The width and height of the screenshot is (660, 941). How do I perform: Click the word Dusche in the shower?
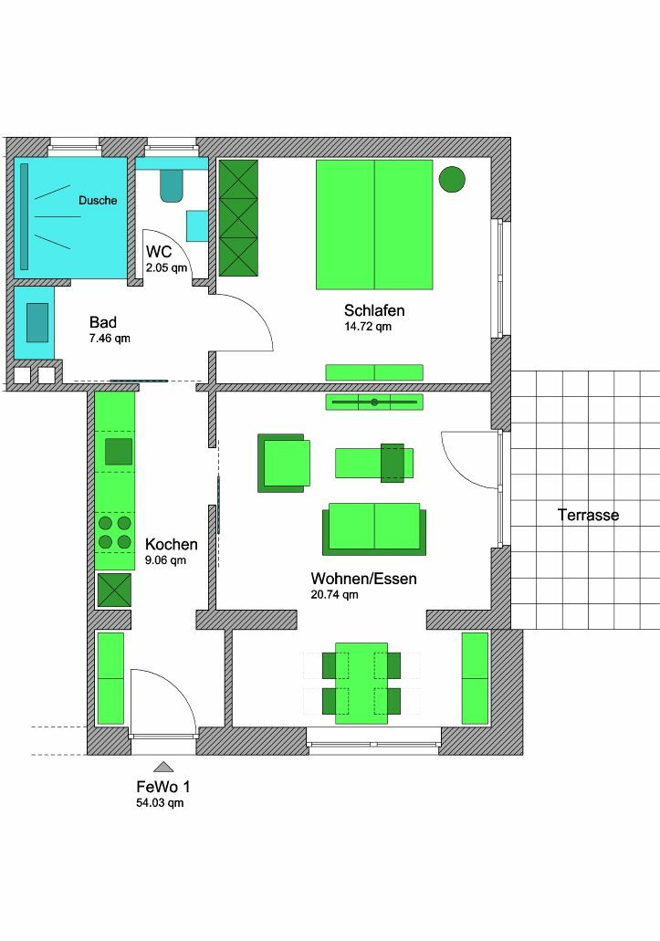pos(98,201)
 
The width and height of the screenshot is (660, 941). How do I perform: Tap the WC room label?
pos(159,252)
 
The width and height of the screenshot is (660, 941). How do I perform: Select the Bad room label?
pos(103,322)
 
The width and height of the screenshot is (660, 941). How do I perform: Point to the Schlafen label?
pos(374,310)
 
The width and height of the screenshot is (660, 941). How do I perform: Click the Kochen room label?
pos(171,544)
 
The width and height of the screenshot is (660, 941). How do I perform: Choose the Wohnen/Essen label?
pos(363,579)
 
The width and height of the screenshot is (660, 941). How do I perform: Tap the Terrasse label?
pos(588,515)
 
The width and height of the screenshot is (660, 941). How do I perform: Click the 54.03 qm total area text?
pos(160,803)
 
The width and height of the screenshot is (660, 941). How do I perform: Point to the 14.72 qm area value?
pos(368,327)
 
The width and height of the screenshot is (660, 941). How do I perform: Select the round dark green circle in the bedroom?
pos(452,179)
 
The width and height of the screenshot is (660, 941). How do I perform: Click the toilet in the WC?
pos(171,185)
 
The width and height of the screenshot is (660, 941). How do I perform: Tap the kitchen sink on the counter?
pos(119,452)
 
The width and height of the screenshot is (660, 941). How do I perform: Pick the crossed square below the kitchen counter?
pos(114,590)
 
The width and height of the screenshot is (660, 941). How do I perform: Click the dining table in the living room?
pos(361,683)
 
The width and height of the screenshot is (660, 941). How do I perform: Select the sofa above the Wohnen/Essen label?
pos(374,528)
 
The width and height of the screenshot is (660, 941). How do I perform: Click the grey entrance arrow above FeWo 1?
pos(163,766)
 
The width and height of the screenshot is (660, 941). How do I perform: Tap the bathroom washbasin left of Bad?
pos(37,323)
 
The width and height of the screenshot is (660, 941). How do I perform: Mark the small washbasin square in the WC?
pos(197,225)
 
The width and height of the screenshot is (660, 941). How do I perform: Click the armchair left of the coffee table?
pos(284,464)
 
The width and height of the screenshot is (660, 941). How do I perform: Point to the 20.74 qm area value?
pos(334,595)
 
